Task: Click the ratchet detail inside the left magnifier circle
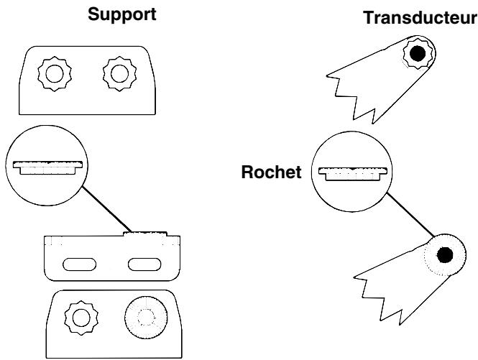pos(45,167)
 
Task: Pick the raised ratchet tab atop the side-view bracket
pos(146,233)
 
